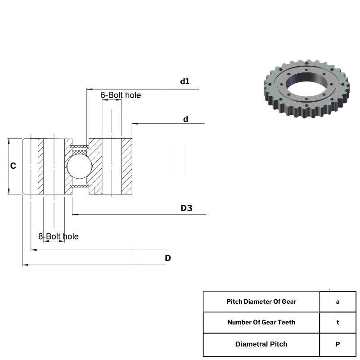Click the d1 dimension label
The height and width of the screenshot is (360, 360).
(x=185, y=81)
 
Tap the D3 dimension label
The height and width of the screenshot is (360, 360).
(x=186, y=208)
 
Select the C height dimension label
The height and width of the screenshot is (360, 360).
(x=13, y=166)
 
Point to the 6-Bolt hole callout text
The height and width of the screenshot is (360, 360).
(x=121, y=95)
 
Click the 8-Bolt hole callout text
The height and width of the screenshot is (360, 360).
(x=58, y=236)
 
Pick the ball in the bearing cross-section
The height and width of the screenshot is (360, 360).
(x=80, y=166)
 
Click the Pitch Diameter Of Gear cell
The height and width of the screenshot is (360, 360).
(x=261, y=301)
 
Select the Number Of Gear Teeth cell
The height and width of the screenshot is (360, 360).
(x=261, y=322)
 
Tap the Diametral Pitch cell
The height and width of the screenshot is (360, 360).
(x=261, y=344)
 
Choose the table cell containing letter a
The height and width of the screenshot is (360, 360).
(x=338, y=301)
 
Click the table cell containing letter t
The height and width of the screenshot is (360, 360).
(x=338, y=322)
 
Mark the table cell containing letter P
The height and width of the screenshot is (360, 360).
(x=338, y=344)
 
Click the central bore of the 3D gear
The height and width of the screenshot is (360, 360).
(x=307, y=85)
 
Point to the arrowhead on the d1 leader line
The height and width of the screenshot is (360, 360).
(x=90, y=89)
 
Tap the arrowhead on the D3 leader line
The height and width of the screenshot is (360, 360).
(x=75, y=215)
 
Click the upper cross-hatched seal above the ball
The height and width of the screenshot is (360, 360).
(x=80, y=147)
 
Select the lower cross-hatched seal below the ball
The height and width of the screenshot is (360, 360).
(x=80, y=186)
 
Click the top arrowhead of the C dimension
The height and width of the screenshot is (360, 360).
(x=9, y=141)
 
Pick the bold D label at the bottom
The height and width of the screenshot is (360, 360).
(x=168, y=258)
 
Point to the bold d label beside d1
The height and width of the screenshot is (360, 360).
(x=185, y=119)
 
